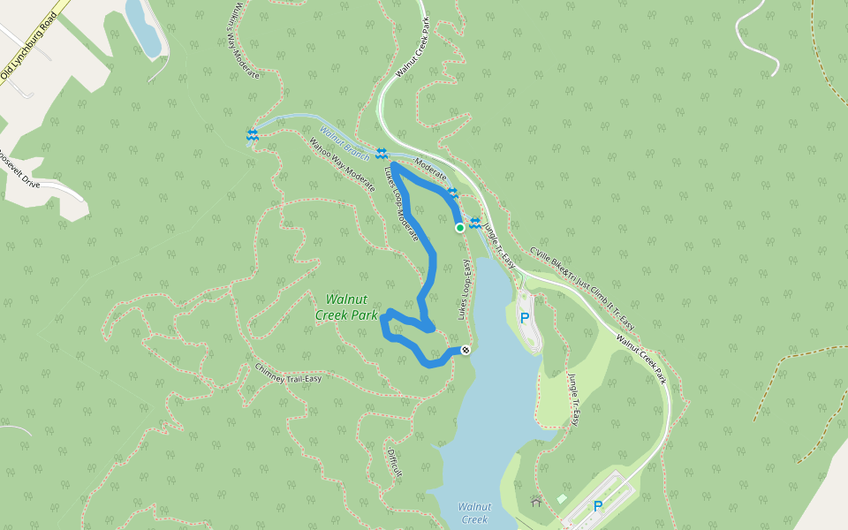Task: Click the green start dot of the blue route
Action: pyautogui.click(x=460, y=228)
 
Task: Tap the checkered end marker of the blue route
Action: pyautogui.click(x=466, y=351)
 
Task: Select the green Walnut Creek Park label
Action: pyautogui.click(x=346, y=307)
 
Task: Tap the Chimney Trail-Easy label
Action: pyautogui.click(x=288, y=374)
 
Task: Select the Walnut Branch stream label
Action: pyautogui.click(x=344, y=145)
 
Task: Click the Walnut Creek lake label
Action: pyautogui.click(x=473, y=512)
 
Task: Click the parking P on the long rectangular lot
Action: pyautogui.click(x=598, y=506)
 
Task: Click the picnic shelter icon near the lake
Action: pyautogui.click(x=536, y=501)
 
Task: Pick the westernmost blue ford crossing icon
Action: pyautogui.click(x=253, y=134)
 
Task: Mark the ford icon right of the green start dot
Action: pyautogui.click(x=475, y=223)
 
